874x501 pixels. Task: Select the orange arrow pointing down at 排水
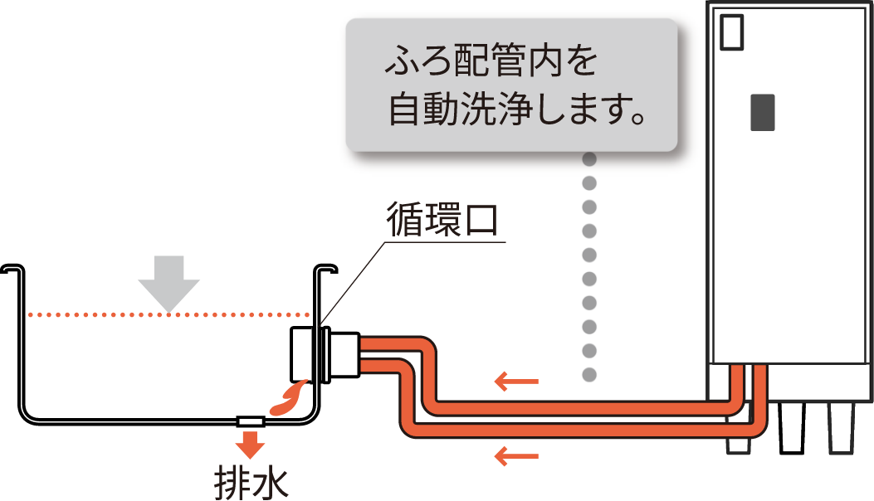[249, 445]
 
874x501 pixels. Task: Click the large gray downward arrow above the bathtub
[169, 284]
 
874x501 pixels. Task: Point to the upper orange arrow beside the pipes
[516, 382]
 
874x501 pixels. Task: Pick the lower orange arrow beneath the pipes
[516, 455]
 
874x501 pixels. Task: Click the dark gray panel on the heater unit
[762, 112]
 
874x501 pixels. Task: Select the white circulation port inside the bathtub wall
[302, 353]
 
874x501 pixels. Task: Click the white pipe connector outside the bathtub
[344, 355]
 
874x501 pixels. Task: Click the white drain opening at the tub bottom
[250, 421]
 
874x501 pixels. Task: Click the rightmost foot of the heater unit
[842, 427]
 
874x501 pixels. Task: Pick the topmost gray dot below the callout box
[589, 158]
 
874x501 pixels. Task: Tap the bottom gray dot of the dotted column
[589, 374]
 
